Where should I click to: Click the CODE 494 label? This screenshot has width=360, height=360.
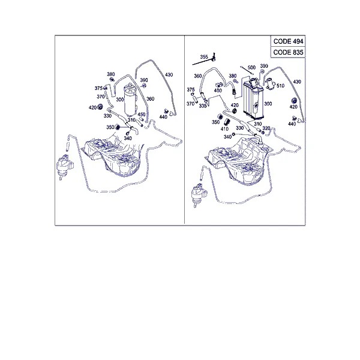point(288,41)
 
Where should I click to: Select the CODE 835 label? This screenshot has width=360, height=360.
point(288,52)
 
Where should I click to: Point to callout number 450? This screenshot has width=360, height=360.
point(142,115)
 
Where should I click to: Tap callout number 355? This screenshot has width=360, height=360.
point(204,57)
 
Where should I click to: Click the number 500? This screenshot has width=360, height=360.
point(251,67)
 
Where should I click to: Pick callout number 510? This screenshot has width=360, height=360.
point(280,86)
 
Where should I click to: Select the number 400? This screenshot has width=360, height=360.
point(218,91)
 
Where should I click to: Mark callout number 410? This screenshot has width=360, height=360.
point(224,129)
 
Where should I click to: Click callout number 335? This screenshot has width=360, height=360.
point(203,106)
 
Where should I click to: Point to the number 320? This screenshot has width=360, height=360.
point(266,128)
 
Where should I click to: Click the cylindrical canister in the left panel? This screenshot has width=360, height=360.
point(130,101)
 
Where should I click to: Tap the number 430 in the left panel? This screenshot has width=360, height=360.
point(169,74)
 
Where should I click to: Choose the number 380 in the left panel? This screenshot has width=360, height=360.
point(110,74)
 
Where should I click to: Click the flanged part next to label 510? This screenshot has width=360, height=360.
point(270,85)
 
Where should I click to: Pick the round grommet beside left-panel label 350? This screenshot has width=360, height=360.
point(118,127)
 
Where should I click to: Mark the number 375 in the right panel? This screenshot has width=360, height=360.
point(191,89)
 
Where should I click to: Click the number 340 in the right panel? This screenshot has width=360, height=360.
point(227,137)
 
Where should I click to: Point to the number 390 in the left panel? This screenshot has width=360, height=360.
point(144,80)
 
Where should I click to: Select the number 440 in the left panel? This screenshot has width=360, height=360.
point(163,117)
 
